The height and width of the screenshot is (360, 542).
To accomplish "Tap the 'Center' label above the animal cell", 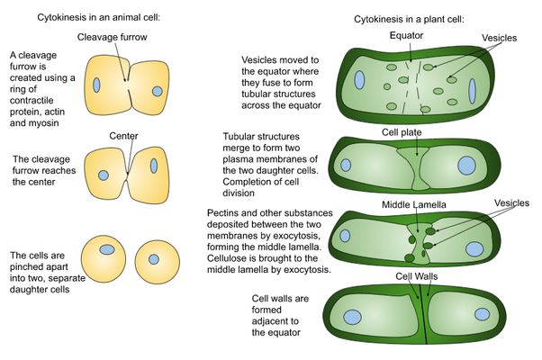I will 122,136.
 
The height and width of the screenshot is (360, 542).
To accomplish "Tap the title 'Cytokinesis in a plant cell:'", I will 406,17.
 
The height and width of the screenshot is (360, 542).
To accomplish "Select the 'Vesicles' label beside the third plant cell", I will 507,204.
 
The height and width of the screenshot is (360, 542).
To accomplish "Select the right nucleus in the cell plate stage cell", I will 467,165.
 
